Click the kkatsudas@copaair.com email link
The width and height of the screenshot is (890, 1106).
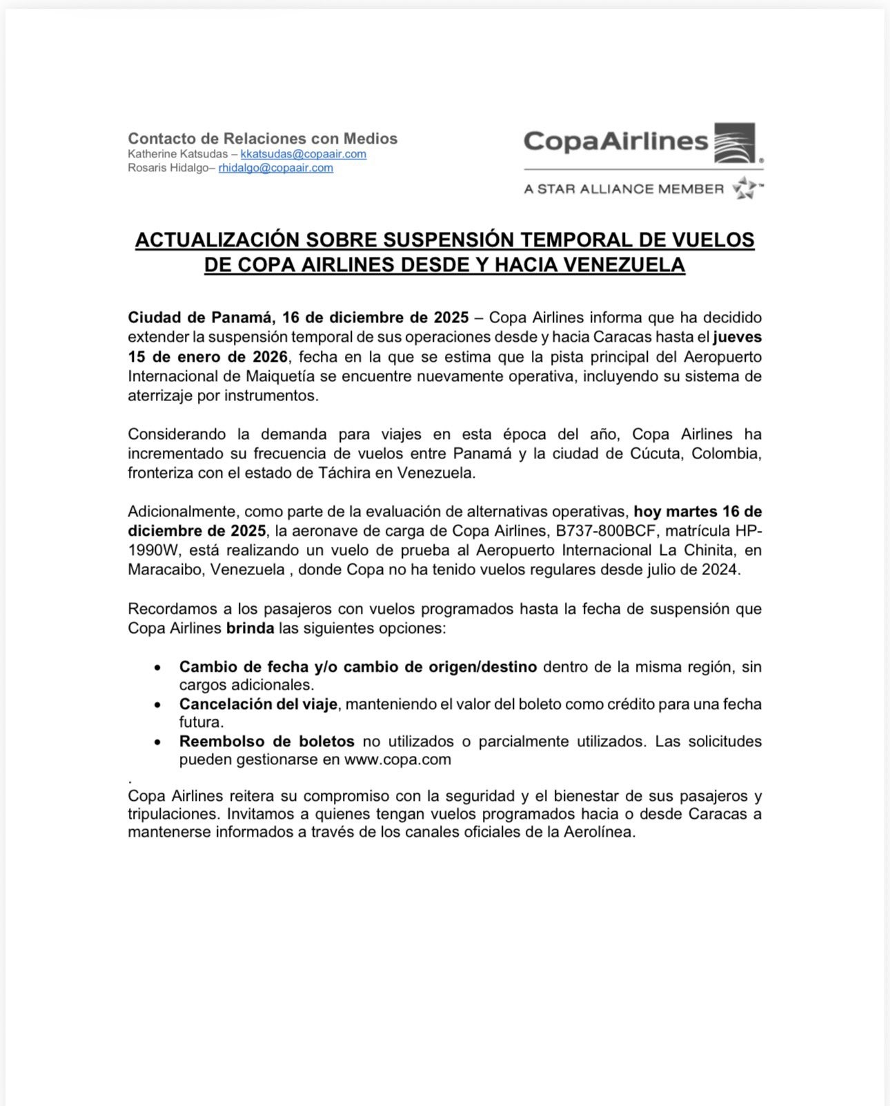pos(303,154)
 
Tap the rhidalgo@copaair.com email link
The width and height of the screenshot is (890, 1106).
pos(275,168)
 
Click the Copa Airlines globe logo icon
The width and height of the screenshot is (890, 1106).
pos(734,143)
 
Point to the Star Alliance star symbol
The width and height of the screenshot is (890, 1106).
pos(745,188)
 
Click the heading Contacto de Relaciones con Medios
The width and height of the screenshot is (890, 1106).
pos(262,138)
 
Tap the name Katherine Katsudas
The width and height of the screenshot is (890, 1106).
pos(177,154)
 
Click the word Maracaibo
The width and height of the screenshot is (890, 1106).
pos(166,570)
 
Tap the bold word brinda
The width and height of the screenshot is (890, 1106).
pos(250,628)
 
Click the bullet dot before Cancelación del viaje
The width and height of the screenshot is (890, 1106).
pos(158,705)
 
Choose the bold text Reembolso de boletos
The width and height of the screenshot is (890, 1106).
pos(266,741)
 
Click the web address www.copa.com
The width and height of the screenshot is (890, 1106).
pos(397,759)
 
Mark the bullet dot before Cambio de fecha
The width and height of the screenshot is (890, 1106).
pos(158,668)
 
